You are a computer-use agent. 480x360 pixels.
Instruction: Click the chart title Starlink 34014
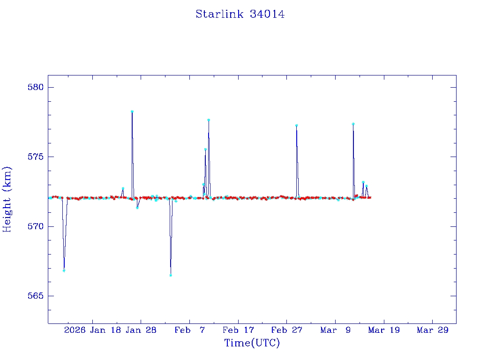click(x=240, y=14)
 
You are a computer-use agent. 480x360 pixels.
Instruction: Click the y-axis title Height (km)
click(x=7, y=199)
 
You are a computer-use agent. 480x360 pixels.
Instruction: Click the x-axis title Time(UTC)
click(x=252, y=343)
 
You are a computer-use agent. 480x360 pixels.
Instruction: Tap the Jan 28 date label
click(x=142, y=330)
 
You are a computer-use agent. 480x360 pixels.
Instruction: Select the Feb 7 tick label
click(x=190, y=330)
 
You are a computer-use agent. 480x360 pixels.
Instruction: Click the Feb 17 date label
click(x=239, y=330)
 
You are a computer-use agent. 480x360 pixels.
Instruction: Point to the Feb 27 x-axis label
click(x=287, y=330)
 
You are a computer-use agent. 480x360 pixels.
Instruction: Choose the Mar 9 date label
click(x=336, y=330)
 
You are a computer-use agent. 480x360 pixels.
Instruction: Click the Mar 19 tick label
click(x=384, y=330)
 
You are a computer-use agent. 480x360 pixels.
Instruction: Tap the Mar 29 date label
click(x=433, y=330)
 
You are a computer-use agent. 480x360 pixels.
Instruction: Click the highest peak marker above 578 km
click(x=132, y=112)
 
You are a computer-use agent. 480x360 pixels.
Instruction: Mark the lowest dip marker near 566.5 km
click(x=171, y=275)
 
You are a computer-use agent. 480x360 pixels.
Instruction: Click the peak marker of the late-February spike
click(x=297, y=125)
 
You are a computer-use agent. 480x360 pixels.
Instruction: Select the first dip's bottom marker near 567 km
click(x=64, y=270)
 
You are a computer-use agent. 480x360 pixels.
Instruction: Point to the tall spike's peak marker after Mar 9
click(x=353, y=124)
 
